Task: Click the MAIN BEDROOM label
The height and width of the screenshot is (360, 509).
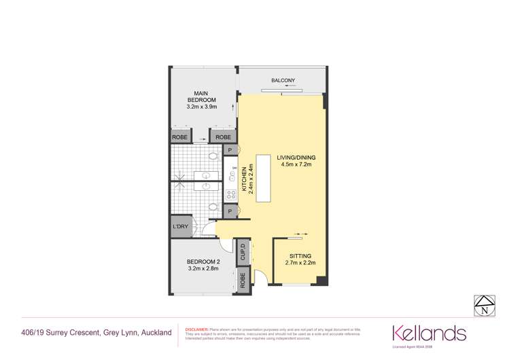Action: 200,97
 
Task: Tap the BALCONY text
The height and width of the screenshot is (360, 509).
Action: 283,81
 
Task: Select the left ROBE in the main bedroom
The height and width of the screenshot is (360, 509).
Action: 180,137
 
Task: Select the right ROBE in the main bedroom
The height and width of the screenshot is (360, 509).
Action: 222,137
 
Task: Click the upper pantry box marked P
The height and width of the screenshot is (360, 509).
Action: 230,150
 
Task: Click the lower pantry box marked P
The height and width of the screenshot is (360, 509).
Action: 230,212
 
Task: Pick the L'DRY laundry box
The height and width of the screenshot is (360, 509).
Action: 180,226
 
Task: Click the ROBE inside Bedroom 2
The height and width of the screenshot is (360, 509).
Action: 243,278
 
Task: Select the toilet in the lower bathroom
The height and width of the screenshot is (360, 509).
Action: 213,207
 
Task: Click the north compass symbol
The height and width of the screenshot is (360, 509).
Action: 484,307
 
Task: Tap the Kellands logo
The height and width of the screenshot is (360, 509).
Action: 429,333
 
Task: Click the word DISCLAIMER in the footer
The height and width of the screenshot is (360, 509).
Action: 196,329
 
